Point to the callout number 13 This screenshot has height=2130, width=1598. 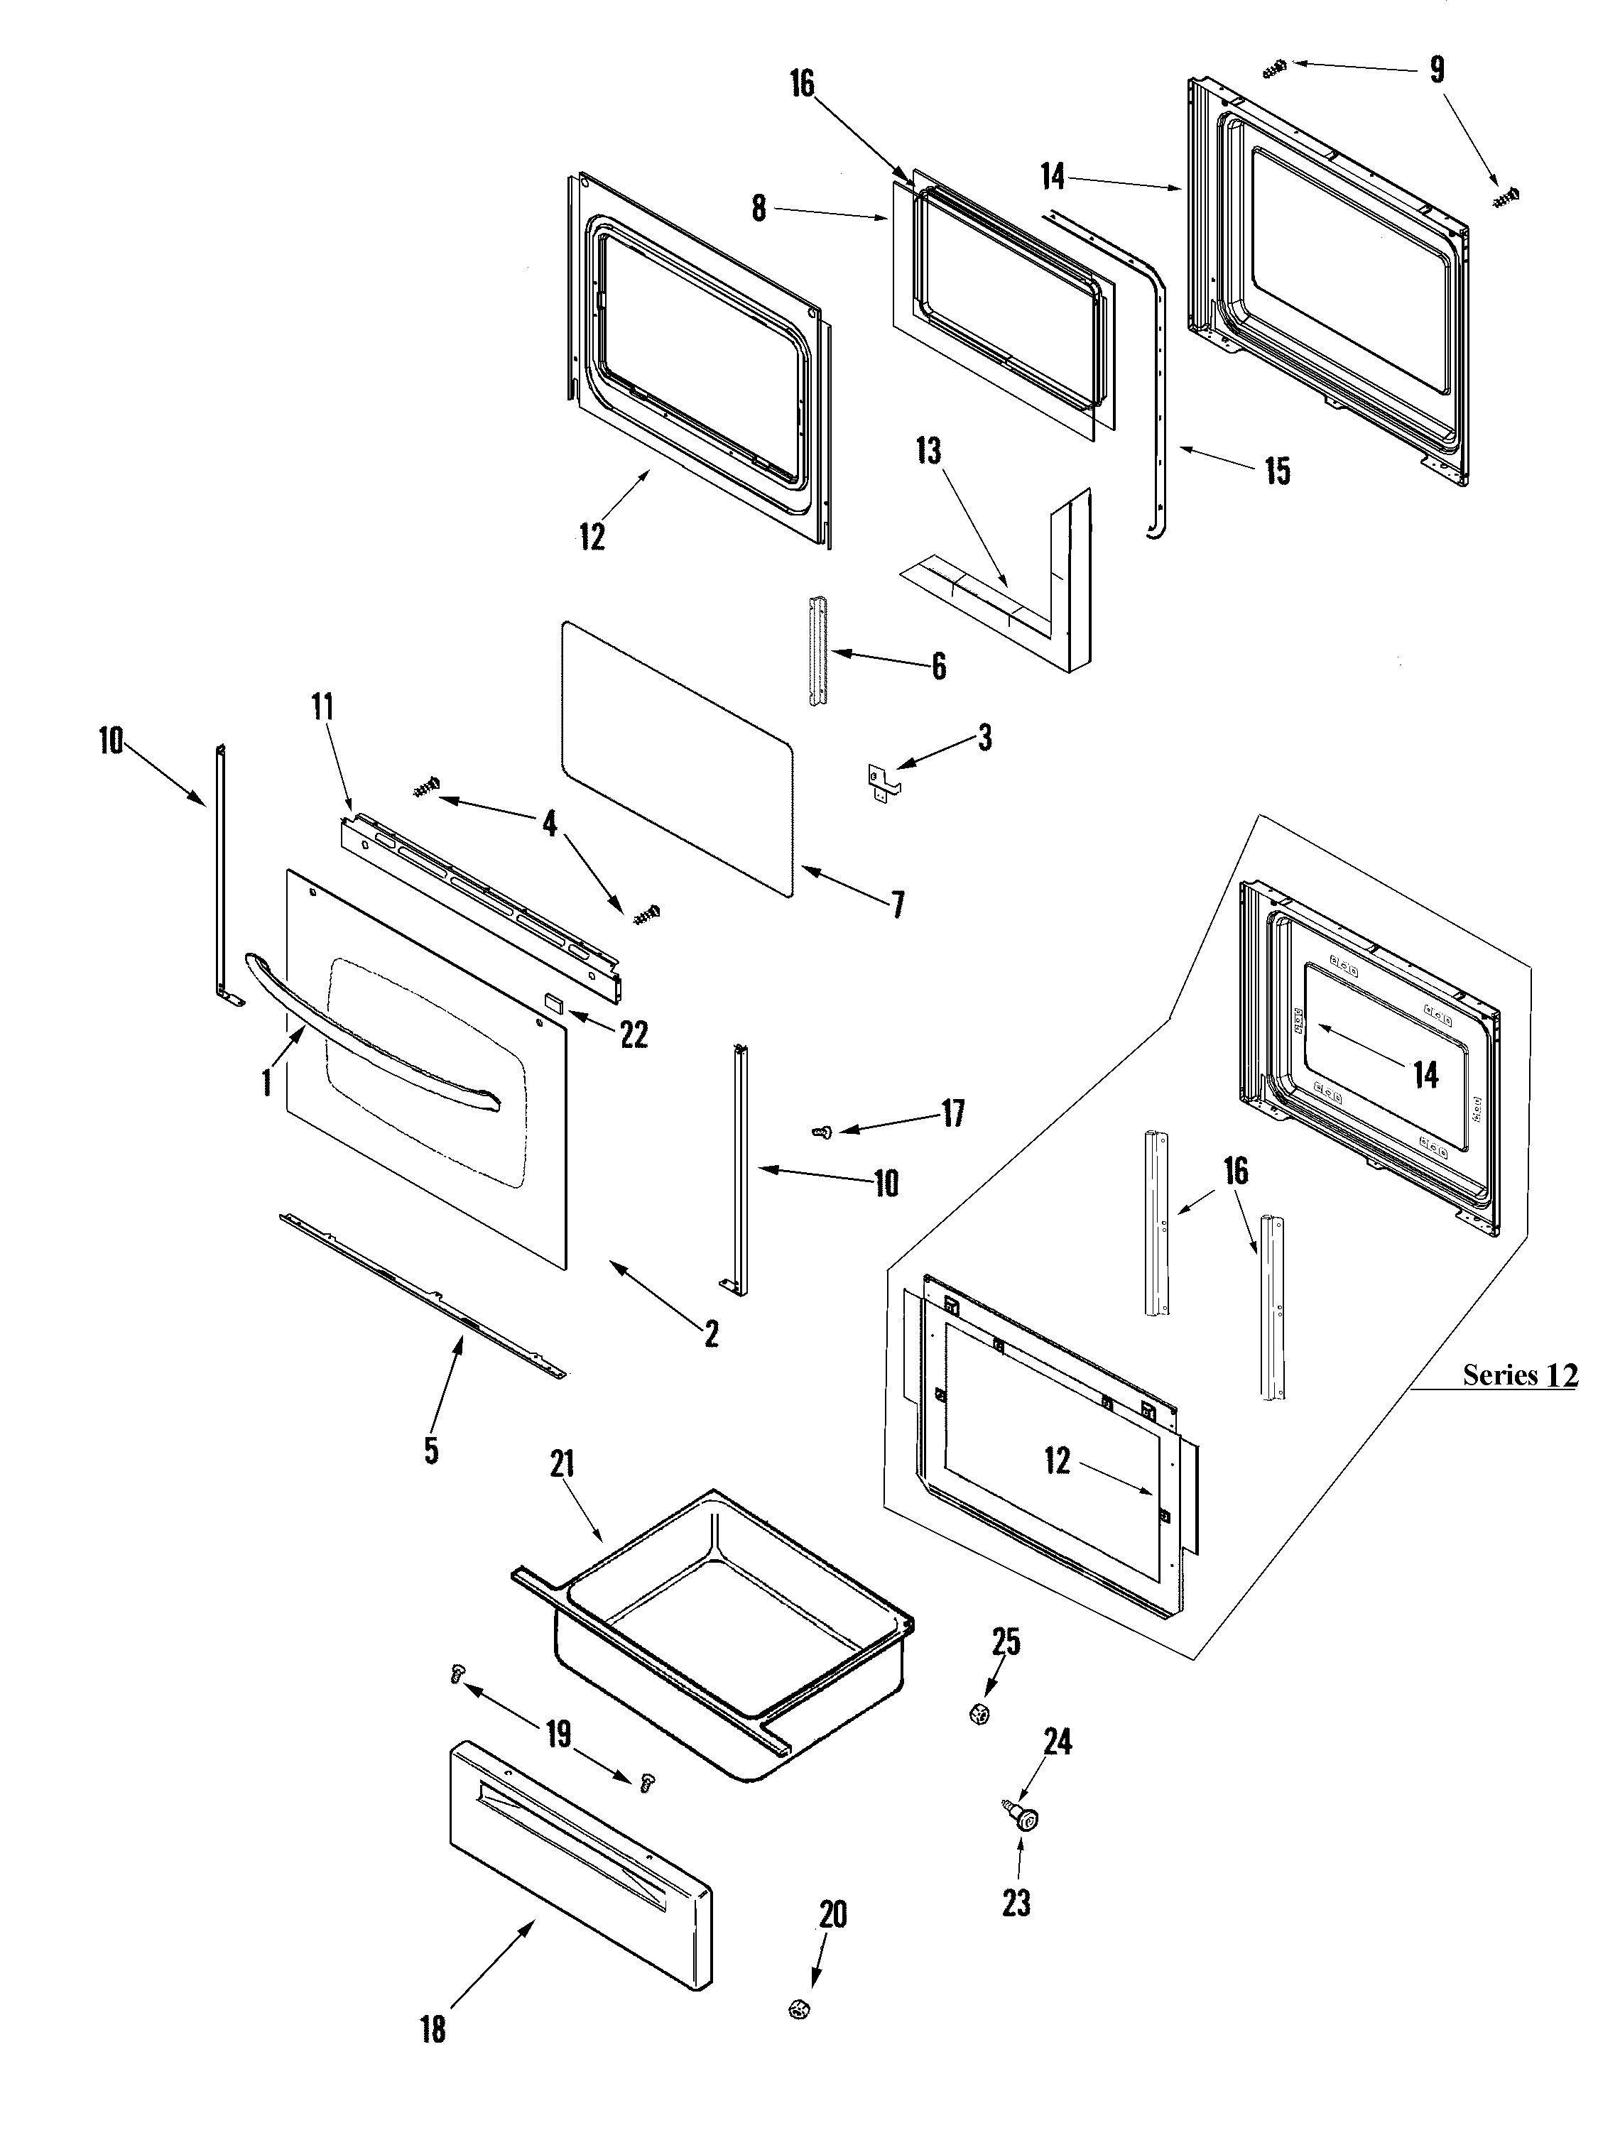pos(928,451)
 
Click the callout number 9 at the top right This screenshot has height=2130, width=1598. pos(1436,70)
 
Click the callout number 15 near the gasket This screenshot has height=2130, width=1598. pos(1277,472)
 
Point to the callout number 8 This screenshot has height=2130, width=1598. pos(759,208)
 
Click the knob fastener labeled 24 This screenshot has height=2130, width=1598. pos(1026,1818)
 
